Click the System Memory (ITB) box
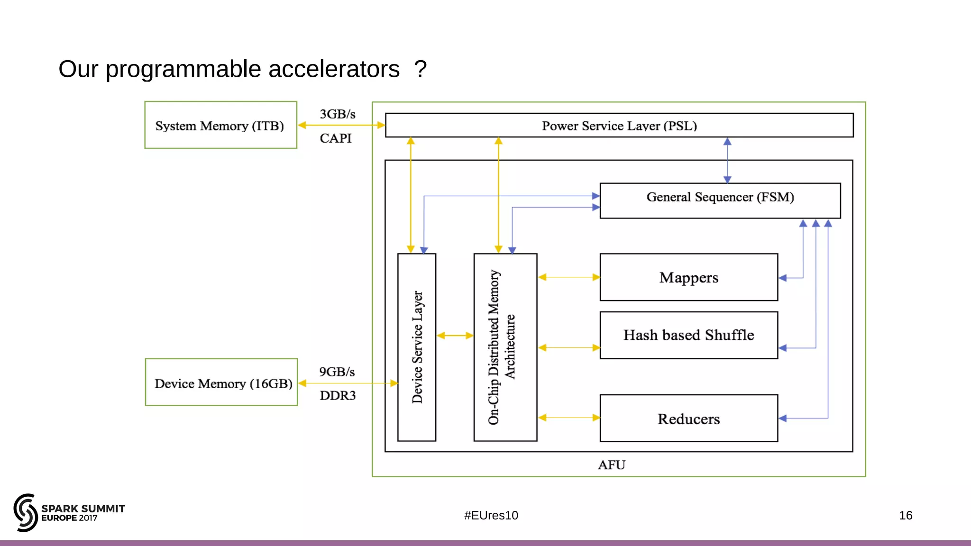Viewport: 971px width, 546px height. pos(220,125)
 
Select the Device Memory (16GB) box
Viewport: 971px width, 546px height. pos(221,382)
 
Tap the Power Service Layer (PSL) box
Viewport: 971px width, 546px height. pos(619,126)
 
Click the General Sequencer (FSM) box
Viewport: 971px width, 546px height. pos(720,200)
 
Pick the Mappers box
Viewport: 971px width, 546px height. pos(688,277)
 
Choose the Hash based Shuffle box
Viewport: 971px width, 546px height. pos(688,335)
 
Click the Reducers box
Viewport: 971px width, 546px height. pos(688,419)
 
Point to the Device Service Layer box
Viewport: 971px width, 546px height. pos(417,347)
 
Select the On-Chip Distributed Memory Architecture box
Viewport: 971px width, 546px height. pos(505,347)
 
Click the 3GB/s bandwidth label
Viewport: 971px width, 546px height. pos(337,114)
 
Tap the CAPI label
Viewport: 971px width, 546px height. pos(336,138)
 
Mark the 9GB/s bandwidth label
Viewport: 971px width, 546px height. pos(337,372)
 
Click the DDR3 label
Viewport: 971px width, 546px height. pos(337,395)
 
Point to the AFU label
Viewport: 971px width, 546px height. pos(612,465)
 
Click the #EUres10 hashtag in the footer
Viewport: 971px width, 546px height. pos(491,515)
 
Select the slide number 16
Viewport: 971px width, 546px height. pos(905,515)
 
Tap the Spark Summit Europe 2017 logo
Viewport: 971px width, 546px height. pos(69,513)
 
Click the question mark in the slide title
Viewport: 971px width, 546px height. pos(420,69)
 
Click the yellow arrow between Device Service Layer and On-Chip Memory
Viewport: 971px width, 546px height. pos(455,336)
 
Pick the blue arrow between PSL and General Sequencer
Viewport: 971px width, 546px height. pos(727,160)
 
